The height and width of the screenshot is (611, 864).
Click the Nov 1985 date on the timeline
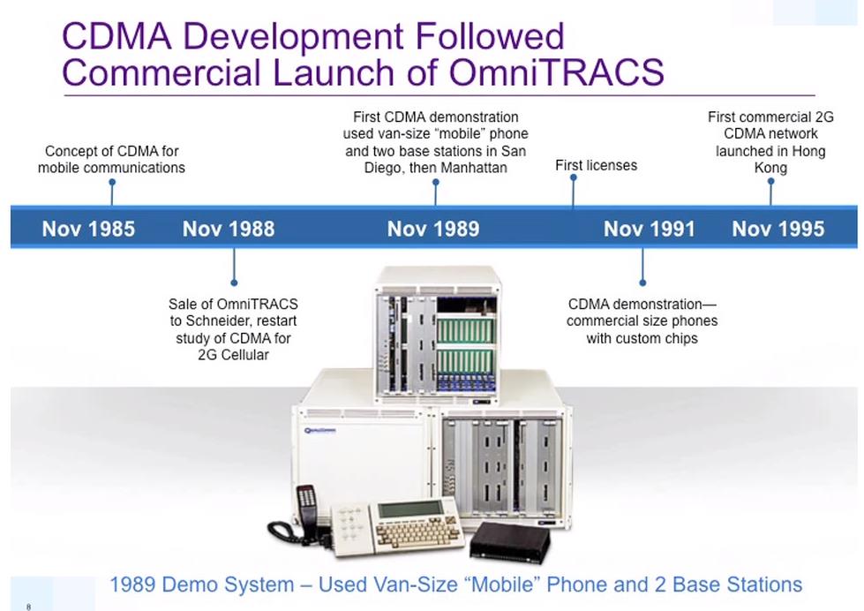[88, 229]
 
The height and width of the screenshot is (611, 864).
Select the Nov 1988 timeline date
[229, 229]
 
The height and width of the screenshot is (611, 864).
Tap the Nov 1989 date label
[433, 229]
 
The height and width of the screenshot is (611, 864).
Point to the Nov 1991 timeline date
[649, 229]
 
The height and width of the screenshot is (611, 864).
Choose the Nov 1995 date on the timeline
[778, 229]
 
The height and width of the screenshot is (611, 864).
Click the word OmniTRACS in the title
[557, 72]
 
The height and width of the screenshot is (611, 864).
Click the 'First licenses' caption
[597, 165]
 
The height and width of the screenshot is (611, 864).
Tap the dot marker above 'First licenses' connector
[574, 177]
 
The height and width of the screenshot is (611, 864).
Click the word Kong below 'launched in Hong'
[770, 168]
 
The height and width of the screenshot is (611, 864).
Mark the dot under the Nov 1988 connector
[234, 283]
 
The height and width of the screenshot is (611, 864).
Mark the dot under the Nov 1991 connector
[642, 283]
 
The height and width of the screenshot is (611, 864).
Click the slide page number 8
[28, 607]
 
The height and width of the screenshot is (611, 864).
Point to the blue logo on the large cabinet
[320, 430]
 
